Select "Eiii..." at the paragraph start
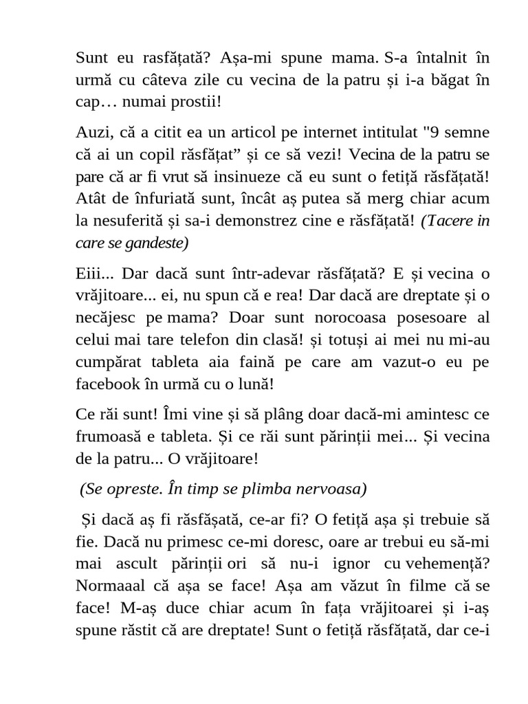point(96,274)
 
